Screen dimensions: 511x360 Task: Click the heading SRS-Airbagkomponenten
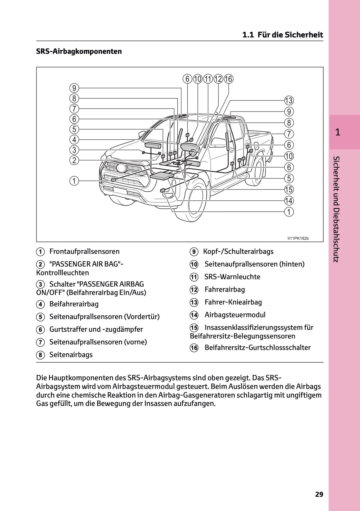tap(79, 51)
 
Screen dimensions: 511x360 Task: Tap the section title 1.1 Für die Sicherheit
tap(282, 35)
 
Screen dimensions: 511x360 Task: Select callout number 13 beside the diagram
tap(289, 100)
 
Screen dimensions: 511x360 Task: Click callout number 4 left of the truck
tap(74, 139)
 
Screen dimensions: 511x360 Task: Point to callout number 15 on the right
tap(289, 189)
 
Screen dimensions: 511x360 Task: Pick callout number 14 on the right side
tap(289, 201)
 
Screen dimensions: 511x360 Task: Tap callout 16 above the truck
tap(228, 79)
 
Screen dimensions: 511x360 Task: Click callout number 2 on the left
tap(74, 160)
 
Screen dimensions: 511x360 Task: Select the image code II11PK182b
tap(298, 238)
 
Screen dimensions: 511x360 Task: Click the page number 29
tap(319, 494)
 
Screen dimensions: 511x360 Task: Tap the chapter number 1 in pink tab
tap(338, 132)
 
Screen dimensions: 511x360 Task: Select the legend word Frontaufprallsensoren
tap(84, 251)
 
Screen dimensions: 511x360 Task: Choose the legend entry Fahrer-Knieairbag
tap(233, 302)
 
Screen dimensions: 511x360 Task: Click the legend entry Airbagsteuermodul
tap(235, 315)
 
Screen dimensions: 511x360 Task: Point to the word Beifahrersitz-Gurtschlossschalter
tap(257, 347)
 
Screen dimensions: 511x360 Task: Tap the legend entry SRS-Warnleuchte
tap(232, 277)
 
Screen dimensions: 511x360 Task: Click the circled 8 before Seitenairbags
tap(40, 355)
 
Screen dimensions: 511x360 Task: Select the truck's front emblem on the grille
tap(121, 168)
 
